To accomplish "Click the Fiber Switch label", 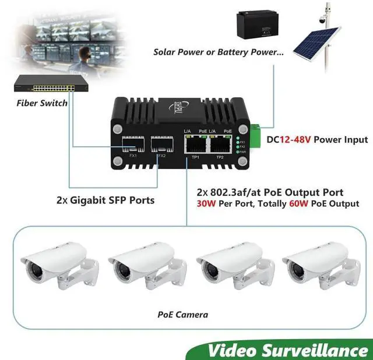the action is tap(42, 103).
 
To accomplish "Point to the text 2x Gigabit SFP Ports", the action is tap(105, 200).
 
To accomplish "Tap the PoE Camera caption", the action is tap(182, 315).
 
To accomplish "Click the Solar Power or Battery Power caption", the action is tap(219, 52).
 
